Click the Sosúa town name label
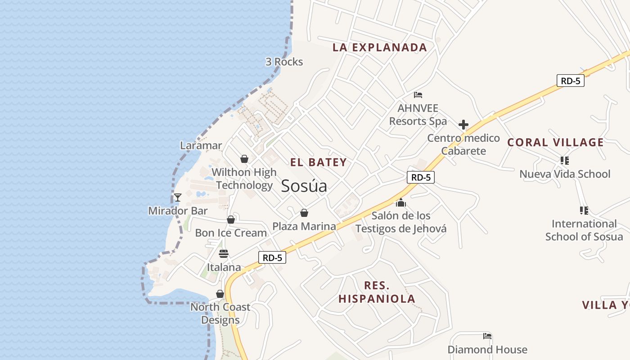304,186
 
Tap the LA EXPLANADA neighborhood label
379,47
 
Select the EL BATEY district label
319,162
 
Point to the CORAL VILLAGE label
555,143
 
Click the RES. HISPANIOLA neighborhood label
377,292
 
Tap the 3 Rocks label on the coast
284,62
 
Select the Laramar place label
201,145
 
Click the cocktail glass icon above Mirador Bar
178,197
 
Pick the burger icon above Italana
224,254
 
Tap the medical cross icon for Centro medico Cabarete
463,125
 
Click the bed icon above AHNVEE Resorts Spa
418,95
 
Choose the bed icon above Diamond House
487,336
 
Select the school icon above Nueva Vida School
564,161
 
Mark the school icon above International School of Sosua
584,210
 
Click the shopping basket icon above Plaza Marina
304,213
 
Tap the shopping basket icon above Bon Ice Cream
231,220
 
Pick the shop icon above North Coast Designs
220,294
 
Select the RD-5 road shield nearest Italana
272,257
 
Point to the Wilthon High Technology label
244,179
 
